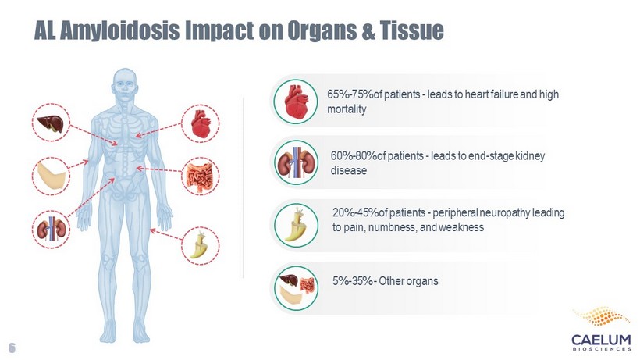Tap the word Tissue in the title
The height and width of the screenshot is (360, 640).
click(411, 30)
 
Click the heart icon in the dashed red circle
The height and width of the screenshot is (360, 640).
click(200, 123)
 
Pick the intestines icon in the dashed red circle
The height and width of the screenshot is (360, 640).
click(200, 177)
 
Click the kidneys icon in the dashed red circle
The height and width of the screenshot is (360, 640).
click(51, 230)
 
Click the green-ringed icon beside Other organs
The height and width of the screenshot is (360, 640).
click(296, 287)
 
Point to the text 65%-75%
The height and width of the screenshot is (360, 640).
click(350, 94)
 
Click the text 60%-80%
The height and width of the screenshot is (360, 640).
click(354, 155)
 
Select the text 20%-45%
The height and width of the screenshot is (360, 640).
click(355, 212)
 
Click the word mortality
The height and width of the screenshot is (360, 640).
click(347, 109)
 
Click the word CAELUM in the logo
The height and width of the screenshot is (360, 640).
click(601, 340)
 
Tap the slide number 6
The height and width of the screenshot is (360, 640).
click(12, 348)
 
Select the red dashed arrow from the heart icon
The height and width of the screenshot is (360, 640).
click(158, 130)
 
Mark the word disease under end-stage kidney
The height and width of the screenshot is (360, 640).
click(349, 170)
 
